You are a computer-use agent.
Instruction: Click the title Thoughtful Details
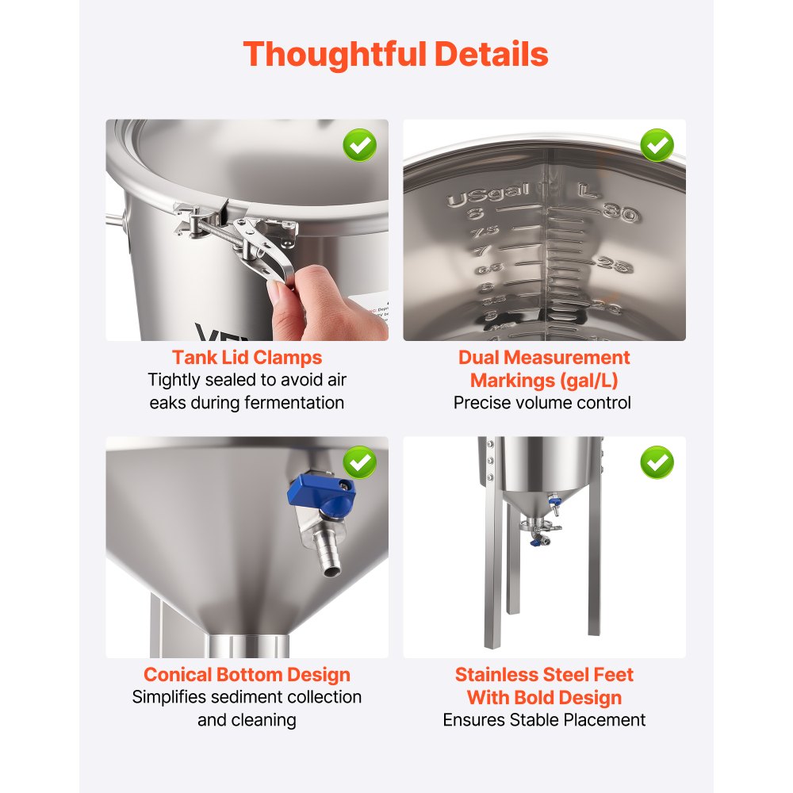click(x=396, y=55)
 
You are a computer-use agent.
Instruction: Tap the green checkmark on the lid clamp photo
click(x=359, y=145)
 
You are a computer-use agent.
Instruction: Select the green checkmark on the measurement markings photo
click(x=657, y=145)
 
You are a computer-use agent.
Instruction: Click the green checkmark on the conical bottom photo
click(x=359, y=462)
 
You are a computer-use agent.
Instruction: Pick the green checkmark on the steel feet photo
click(x=657, y=462)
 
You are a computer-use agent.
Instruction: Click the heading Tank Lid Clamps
click(x=247, y=358)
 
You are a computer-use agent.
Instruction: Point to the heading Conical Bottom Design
click(x=247, y=675)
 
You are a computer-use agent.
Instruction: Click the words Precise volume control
click(x=543, y=403)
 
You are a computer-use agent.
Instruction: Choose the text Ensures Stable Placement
click(x=544, y=720)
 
